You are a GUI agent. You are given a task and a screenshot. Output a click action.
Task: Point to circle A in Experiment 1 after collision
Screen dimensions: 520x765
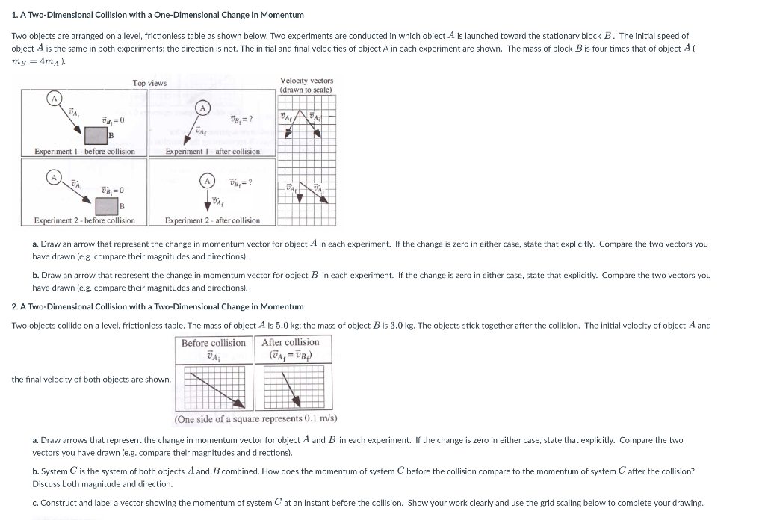(202, 108)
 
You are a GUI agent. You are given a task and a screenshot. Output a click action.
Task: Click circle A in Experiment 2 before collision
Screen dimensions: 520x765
(53, 177)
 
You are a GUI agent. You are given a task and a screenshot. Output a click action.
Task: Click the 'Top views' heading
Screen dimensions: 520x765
(149, 83)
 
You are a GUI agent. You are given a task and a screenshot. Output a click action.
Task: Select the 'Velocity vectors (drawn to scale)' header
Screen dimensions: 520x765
(306, 84)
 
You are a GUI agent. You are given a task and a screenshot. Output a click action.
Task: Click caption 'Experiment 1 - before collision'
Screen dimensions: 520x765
(84, 152)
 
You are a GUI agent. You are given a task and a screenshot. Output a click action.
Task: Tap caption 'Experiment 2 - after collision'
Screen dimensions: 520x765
(212, 220)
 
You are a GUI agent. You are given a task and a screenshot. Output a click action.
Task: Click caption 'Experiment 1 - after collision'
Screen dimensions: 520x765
(212, 152)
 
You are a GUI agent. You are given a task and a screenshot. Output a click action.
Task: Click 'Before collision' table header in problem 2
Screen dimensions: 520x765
(213, 343)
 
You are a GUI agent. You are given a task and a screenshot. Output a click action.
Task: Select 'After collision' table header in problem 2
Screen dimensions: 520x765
(290, 343)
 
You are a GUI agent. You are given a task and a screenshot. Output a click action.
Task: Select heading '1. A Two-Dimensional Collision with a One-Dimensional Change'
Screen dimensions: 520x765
(158, 15)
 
